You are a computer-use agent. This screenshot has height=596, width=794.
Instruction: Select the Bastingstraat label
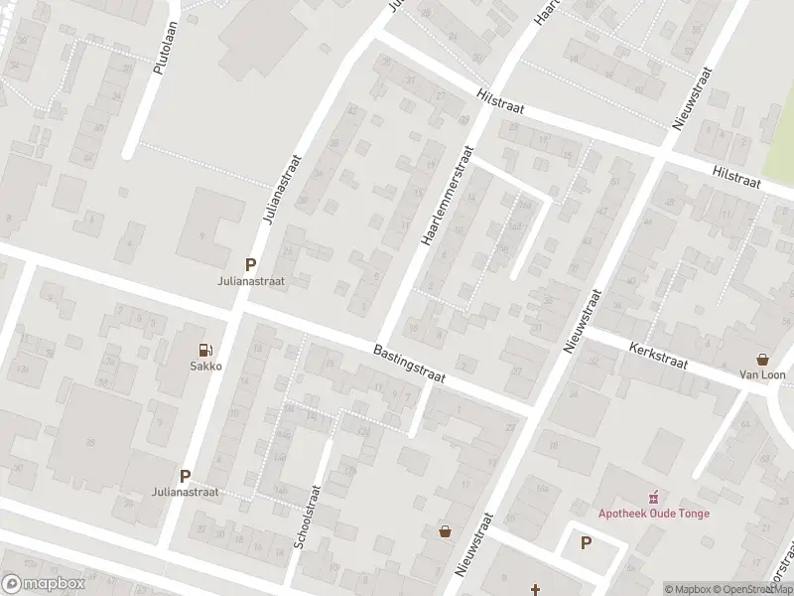click(x=410, y=364)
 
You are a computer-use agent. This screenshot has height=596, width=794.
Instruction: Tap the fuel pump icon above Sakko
click(x=205, y=349)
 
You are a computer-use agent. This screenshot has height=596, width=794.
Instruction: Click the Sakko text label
click(x=205, y=366)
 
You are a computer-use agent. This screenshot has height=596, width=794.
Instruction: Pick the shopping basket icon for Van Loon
click(x=762, y=359)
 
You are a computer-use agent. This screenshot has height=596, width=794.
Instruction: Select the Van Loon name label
click(x=762, y=375)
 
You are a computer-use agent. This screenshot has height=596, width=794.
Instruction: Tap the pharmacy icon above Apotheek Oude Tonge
click(x=653, y=497)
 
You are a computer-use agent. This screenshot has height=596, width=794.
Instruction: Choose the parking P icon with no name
click(x=586, y=543)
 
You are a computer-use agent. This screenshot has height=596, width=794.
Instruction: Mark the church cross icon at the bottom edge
click(x=535, y=589)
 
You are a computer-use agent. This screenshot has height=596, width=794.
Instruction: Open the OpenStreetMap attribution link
click(x=752, y=589)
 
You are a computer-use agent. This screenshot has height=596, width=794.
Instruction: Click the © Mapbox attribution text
click(x=688, y=589)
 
